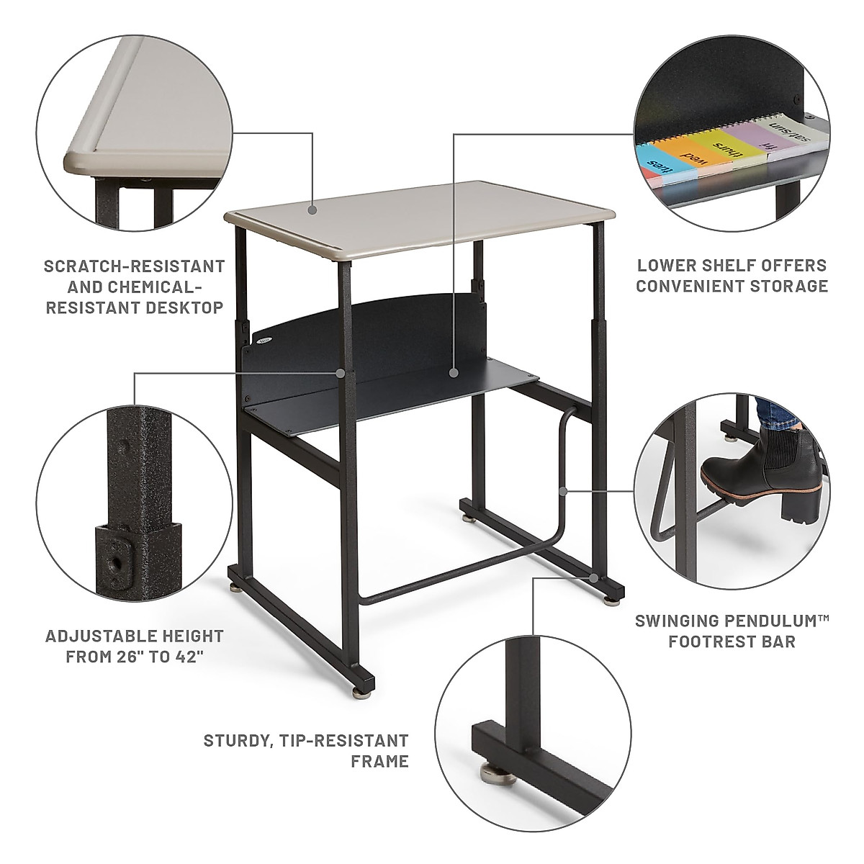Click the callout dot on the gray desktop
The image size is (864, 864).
tap(312, 210)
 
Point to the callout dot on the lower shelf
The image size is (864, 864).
tap(454, 373)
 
